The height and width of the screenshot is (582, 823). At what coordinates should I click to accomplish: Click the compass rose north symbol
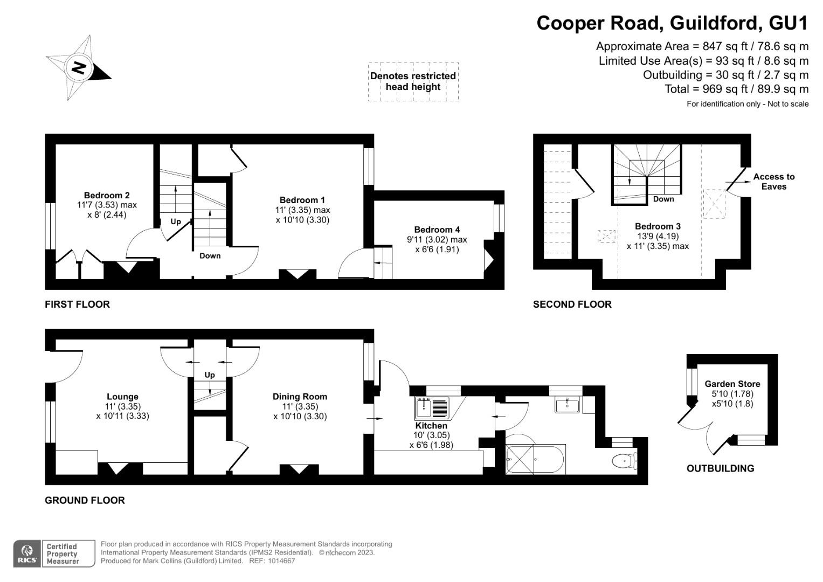coord(79,68)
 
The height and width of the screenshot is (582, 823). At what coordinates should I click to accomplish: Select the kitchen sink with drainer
coord(432,408)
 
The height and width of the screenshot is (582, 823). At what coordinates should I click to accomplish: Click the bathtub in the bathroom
coord(535,460)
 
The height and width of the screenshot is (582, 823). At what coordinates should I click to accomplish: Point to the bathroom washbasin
coord(567,405)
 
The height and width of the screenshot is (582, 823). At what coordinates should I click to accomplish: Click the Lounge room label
coord(122,397)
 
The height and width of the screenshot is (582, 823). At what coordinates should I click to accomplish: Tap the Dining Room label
coord(300,397)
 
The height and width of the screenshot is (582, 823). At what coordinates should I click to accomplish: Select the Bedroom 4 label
coord(437,230)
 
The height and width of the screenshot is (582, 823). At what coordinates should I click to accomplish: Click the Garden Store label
coord(732,384)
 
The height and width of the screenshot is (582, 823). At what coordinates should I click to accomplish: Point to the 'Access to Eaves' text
coord(773,182)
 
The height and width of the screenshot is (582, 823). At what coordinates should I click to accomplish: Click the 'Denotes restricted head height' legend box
coord(413,81)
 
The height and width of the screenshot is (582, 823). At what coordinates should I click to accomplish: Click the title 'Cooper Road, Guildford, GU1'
coord(672,23)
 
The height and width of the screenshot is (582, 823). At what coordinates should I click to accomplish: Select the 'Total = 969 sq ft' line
coord(736,89)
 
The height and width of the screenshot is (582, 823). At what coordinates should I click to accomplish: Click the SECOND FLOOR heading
coord(572,304)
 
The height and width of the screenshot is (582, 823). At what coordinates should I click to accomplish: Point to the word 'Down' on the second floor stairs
coord(663,199)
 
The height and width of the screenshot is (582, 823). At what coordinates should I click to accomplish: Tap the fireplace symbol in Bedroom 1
coord(297,274)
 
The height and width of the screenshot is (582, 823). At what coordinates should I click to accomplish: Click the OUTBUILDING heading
coord(720,468)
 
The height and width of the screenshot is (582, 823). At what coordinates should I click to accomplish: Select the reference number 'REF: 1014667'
coord(272,561)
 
